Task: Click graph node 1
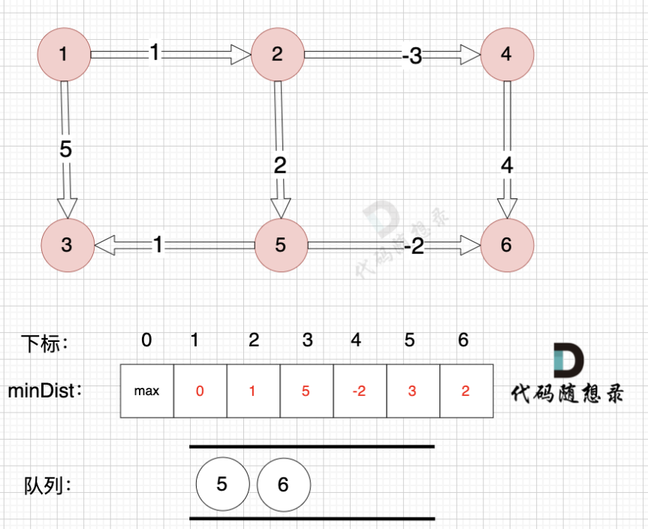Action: click(63, 54)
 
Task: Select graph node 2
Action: click(278, 54)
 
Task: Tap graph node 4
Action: click(508, 54)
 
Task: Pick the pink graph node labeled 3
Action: click(67, 245)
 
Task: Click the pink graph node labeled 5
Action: click(281, 245)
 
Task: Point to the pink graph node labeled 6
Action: click(507, 245)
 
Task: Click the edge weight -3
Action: click(411, 56)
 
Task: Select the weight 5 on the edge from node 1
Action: click(66, 150)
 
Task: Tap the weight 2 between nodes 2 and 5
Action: click(280, 165)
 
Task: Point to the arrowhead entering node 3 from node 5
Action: click(104, 245)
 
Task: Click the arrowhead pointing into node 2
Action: click(241, 54)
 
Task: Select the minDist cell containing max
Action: click(146, 391)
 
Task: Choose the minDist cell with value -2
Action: click(359, 391)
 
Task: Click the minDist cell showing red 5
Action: click(306, 391)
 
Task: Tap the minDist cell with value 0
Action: click(200, 391)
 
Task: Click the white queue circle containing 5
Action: click(222, 485)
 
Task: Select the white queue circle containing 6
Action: click(283, 485)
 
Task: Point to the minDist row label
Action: click(44, 391)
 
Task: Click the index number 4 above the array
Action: click(356, 340)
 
